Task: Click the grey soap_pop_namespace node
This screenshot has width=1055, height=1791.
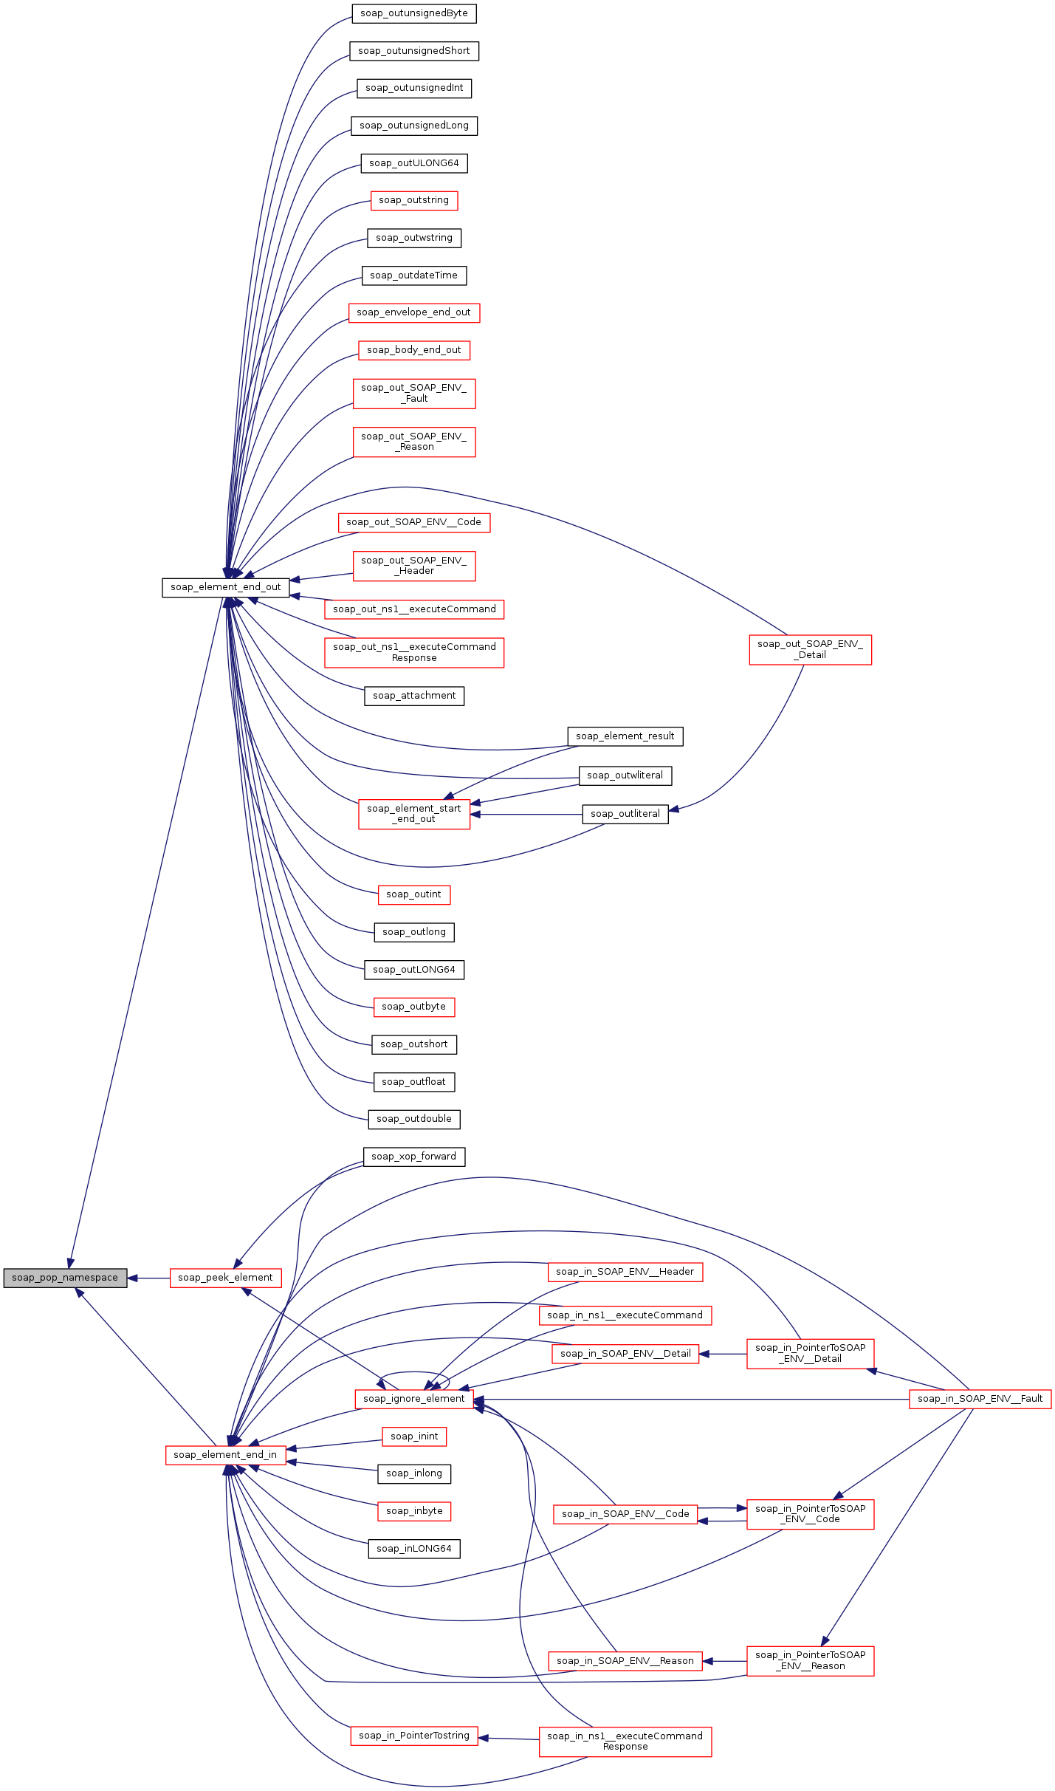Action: coord(65,1278)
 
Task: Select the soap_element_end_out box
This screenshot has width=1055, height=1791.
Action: coord(225,587)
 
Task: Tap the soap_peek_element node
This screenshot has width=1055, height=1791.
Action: coord(225,1278)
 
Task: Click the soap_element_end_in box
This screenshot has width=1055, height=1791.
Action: coord(225,1455)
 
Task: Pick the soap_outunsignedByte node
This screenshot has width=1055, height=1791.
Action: coord(413,13)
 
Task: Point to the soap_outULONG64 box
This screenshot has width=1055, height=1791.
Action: coord(413,163)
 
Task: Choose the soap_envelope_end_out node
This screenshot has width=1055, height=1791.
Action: coord(413,312)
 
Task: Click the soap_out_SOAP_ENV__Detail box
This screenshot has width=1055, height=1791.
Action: coord(810,649)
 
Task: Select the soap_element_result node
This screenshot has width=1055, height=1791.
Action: coord(625,736)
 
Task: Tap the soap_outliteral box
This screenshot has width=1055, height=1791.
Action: coord(625,814)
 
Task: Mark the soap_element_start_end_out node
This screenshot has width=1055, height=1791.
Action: coord(413,814)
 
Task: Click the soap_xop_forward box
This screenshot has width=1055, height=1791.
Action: coord(413,1157)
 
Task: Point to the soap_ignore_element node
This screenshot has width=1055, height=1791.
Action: coord(413,1399)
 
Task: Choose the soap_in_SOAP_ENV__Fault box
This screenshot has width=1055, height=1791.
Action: coord(980,1399)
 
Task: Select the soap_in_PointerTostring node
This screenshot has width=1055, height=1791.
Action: coord(413,1736)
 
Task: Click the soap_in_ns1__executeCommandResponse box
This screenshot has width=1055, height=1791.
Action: coord(625,1742)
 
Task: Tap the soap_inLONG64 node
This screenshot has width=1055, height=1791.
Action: coord(413,1549)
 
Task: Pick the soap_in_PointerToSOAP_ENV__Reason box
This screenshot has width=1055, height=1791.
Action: coord(810,1660)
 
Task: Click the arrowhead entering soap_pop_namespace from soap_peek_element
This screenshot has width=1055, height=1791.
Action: coord(133,1278)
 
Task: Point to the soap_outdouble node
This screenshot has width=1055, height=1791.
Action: coord(413,1119)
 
